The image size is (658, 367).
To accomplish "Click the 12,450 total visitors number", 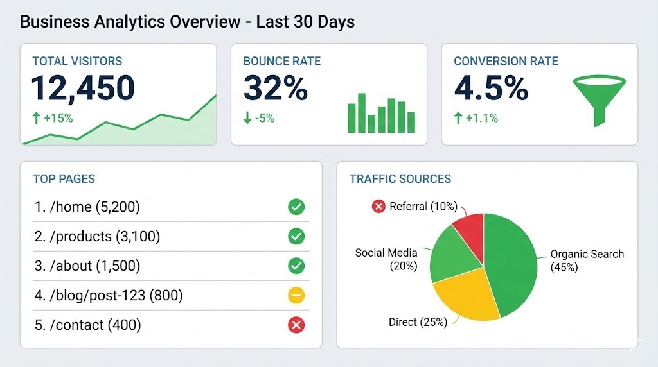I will (x=83, y=88).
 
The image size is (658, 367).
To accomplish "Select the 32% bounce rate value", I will (x=275, y=88).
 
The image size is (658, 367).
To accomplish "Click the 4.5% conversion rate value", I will (x=491, y=88).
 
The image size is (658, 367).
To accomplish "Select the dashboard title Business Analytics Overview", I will (x=187, y=22).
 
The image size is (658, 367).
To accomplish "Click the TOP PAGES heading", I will (x=64, y=179).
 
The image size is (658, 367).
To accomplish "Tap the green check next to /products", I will (x=296, y=236).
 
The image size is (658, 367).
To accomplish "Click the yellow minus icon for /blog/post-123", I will (x=296, y=295).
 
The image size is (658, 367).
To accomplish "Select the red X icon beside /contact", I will (x=296, y=325).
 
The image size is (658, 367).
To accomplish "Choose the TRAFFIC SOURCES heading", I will (x=400, y=179).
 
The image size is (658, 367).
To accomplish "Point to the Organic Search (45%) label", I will (x=587, y=260).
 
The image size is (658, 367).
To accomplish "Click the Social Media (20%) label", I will (x=386, y=259).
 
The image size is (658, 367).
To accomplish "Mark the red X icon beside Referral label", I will (x=378, y=206).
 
